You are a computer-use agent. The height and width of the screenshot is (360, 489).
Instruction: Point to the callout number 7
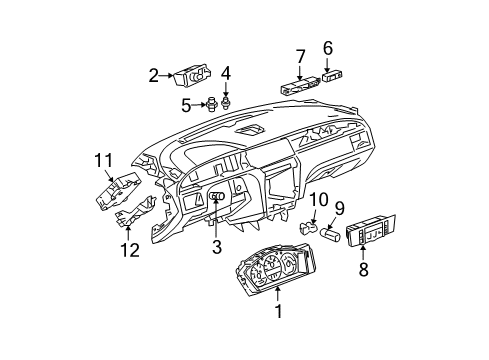coord(300,54)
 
